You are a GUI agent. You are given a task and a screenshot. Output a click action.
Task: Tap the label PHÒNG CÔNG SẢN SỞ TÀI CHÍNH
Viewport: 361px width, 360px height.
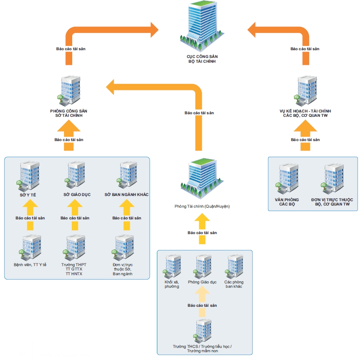coord(72,113)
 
